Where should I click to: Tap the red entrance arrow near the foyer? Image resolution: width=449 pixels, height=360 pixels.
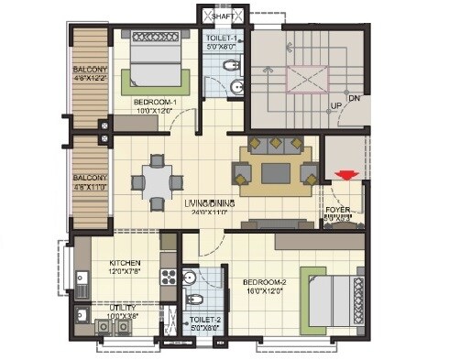(345, 176)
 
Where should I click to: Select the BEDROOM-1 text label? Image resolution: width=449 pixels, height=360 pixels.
(156, 102)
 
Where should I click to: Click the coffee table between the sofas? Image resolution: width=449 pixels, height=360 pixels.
(274, 170)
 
